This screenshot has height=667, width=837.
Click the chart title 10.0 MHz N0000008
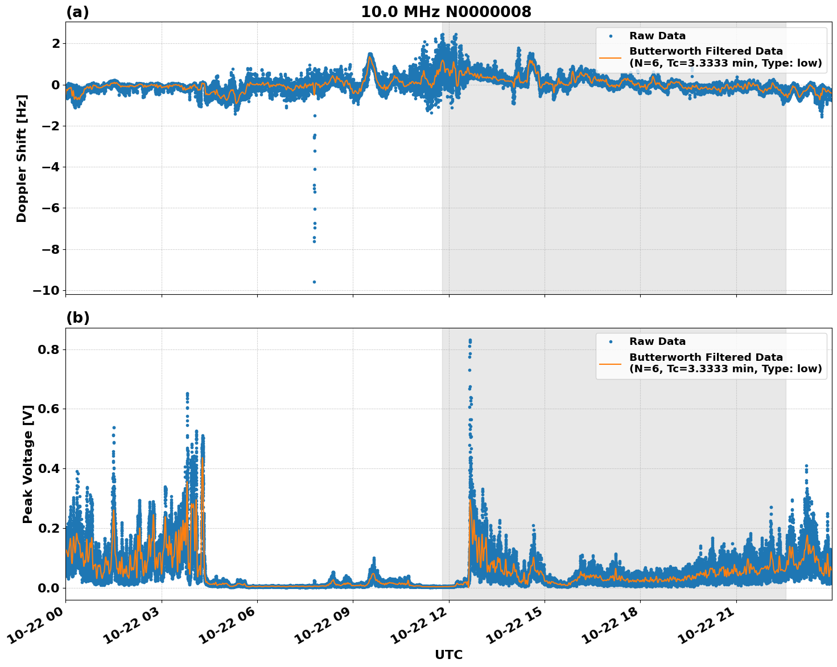tap(446, 12)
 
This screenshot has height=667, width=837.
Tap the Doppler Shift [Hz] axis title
tap(22, 158)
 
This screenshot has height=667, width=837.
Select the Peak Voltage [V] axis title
tap(28, 464)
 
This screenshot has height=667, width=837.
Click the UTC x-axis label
tap(448, 654)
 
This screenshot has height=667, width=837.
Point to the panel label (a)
tap(77, 12)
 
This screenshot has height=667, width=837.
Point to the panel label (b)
tap(78, 318)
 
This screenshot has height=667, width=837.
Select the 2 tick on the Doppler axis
tap(56, 43)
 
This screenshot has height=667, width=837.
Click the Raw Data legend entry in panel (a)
tap(657, 36)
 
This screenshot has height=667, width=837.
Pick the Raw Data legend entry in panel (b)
tap(657, 341)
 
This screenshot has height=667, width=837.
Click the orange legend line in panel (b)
tap(611, 363)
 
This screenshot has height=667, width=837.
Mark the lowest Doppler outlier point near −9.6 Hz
tap(314, 282)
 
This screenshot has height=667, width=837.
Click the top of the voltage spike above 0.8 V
tap(470, 340)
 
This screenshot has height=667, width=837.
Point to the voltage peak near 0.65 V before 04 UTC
tap(187, 394)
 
